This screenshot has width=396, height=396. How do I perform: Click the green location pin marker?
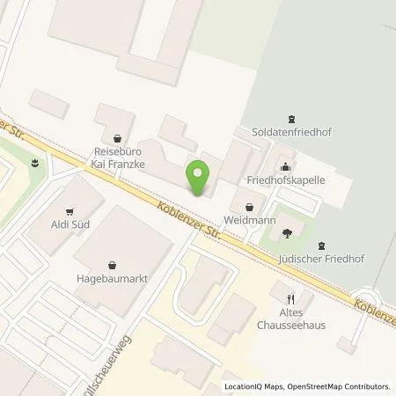click(200, 179)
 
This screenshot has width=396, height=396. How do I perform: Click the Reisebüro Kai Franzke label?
click(119, 158)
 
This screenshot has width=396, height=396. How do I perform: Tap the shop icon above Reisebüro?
click(118, 136)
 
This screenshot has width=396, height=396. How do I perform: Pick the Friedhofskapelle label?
click(286, 179)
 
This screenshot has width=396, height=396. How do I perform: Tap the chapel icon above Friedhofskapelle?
click(286, 164)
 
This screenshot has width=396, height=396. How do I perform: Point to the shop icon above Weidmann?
click(248, 207)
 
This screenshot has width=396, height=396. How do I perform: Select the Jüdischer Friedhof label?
click(321, 260)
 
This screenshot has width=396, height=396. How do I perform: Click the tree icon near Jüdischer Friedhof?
click(288, 233)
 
